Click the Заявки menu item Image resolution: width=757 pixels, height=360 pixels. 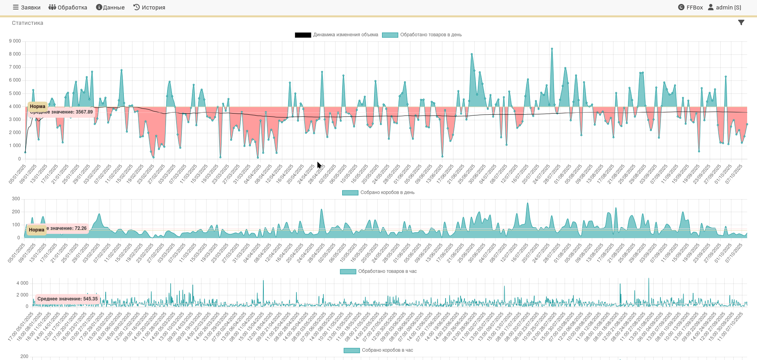(x=26, y=7)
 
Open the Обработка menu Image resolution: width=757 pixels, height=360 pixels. (x=68, y=7)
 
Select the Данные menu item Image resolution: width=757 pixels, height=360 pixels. (x=110, y=7)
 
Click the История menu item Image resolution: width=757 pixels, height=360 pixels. (x=149, y=7)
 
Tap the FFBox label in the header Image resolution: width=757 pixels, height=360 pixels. (x=690, y=7)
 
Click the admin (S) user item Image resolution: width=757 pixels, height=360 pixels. (x=725, y=7)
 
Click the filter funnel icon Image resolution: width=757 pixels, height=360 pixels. (x=741, y=22)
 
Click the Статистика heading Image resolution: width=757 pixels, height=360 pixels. (x=28, y=23)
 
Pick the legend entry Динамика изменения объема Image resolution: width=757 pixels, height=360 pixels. (x=337, y=35)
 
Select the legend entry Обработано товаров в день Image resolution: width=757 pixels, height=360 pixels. (x=422, y=35)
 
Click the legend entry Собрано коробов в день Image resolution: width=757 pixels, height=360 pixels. (x=378, y=192)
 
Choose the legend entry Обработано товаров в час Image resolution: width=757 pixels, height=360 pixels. (x=378, y=271)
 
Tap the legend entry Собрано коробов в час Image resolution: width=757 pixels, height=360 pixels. (x=378, y=350)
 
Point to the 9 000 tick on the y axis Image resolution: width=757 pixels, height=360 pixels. (x=15, y=41)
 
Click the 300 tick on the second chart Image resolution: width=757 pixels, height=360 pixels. (x=16, y=199)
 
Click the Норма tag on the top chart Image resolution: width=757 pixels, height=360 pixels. (x=37, y=106)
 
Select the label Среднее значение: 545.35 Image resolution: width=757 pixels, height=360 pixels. (x=67, y=299)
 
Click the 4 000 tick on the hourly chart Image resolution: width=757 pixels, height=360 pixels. (x=22, y=283)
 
